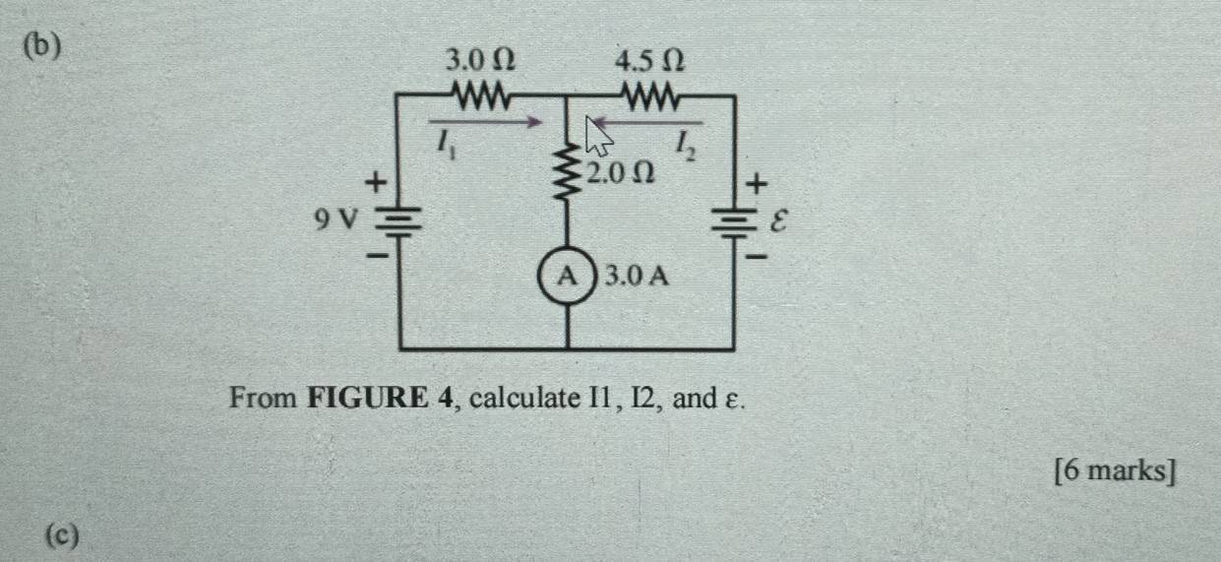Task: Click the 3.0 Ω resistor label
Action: pos(480,61)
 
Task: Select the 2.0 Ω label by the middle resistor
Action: pos(619,174)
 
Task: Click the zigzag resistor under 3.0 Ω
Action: pos(479,96)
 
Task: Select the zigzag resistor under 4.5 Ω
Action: pos(649,96)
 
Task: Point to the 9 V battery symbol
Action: pos(401,220)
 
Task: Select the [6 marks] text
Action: pos(1114,471)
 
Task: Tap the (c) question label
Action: pos(61,535)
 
